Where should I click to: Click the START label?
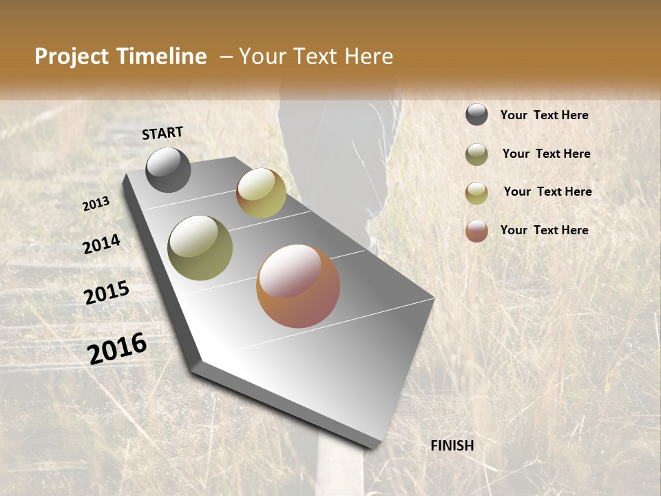[162, 133]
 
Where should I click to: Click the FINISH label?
[452, 446]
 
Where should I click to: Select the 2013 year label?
[96, 204]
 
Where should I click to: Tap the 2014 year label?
[101, 245]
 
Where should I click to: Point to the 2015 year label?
[107, 293]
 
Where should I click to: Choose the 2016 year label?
[117, 348]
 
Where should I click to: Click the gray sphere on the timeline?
[168, 170]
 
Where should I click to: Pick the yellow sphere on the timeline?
[261, 193]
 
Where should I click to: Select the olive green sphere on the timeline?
[200, 248]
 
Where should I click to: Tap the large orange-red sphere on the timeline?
[298, 286]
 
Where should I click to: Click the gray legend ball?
[476, 115]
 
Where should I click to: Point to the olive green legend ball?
[476, 154]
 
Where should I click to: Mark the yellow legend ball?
[476, 193]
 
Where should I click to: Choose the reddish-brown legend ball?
[476, 231]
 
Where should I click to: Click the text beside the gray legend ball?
[544, 115]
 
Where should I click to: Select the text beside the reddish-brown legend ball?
[544, 230]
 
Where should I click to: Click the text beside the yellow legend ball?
[547, 192]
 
